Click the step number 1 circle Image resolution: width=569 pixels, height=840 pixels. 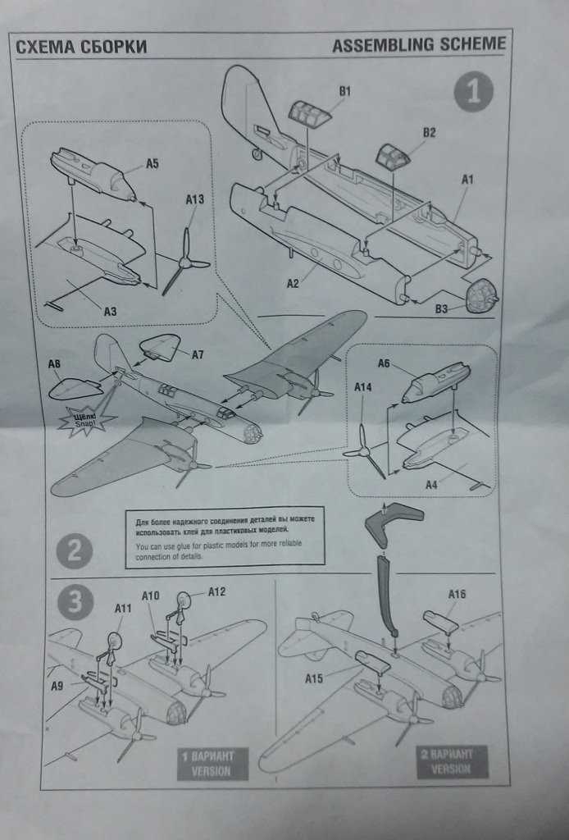473,92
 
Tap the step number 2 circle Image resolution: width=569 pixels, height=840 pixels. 75,551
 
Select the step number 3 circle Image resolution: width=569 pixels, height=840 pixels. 75,603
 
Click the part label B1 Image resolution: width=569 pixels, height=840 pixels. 344,92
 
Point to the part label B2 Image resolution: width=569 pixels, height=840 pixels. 429,132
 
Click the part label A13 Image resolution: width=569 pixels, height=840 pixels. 195,199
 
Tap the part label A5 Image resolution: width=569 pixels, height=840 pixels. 152,163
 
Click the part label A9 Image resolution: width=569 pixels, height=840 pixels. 56,686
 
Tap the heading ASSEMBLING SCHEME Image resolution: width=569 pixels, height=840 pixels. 419,45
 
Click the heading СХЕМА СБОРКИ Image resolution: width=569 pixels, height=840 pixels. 81,47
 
